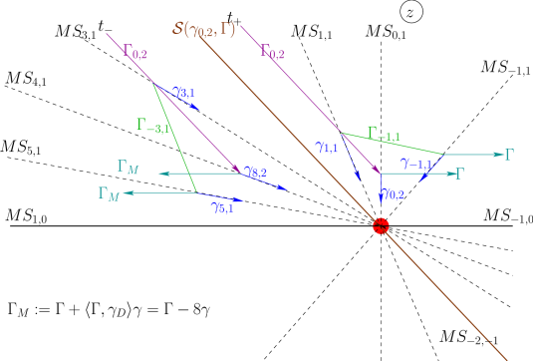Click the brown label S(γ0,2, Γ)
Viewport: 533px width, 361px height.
coord(203,30)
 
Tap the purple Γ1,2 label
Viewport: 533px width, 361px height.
coord(272,52)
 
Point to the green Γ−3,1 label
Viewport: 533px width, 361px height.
coord(153,126)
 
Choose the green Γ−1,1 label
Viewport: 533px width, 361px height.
coord(384,134)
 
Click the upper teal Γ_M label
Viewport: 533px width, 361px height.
coord(128,168)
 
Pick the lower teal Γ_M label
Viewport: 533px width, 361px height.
coord(109,193)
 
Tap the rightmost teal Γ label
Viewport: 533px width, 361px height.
coord(509,155)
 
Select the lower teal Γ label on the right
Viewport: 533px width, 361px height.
coord(460,174)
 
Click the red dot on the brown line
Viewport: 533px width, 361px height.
coord(381,226)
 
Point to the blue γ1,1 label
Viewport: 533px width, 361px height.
coord(326,149)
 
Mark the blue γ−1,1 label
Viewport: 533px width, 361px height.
coord(416,163)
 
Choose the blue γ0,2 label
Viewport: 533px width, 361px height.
coord(392,194)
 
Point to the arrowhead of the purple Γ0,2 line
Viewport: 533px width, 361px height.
coord(238,171)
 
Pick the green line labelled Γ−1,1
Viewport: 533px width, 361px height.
coord(394,144)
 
